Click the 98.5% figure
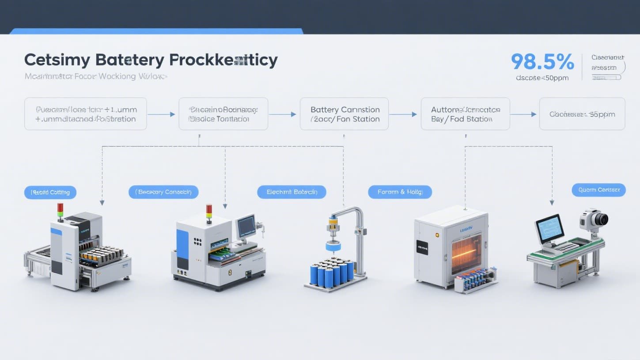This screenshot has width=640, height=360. click(542, 62)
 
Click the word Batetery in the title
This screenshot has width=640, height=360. click(129, 60)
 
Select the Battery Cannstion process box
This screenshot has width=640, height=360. click(344, 114)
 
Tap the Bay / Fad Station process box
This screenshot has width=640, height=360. click(465, 114)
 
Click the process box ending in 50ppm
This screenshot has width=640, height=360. click(582, 114)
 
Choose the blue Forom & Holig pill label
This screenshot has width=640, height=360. click(400, 192)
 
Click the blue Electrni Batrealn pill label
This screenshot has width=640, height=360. click(292, 192)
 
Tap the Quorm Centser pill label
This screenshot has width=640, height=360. click(598, 190)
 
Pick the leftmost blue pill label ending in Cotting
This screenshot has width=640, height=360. click(50, 193)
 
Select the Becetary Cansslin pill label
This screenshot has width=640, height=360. click(163, 192)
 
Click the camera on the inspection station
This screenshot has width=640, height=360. click(594, 219)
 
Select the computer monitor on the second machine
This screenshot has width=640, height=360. click(246, 226)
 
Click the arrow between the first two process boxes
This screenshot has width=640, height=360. click(162, 114)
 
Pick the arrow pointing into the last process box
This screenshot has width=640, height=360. click(524, 114)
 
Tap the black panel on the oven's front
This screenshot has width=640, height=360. click(421, 247)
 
